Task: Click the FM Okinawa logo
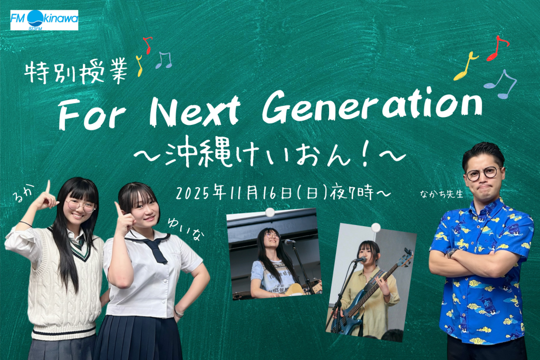pos(44,20)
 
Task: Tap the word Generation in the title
pos(372,105)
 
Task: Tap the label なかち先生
pos(441,194)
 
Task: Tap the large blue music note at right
pos(501,84)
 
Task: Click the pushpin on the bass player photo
pos(375,227)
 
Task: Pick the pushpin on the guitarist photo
pos(270,212)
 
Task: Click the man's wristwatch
pos(451,253)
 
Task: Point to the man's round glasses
pos(483,173)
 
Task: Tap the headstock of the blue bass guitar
pos(408,257)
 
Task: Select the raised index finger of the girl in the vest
pos(48,187)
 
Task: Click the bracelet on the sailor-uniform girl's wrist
pos(178,313)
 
